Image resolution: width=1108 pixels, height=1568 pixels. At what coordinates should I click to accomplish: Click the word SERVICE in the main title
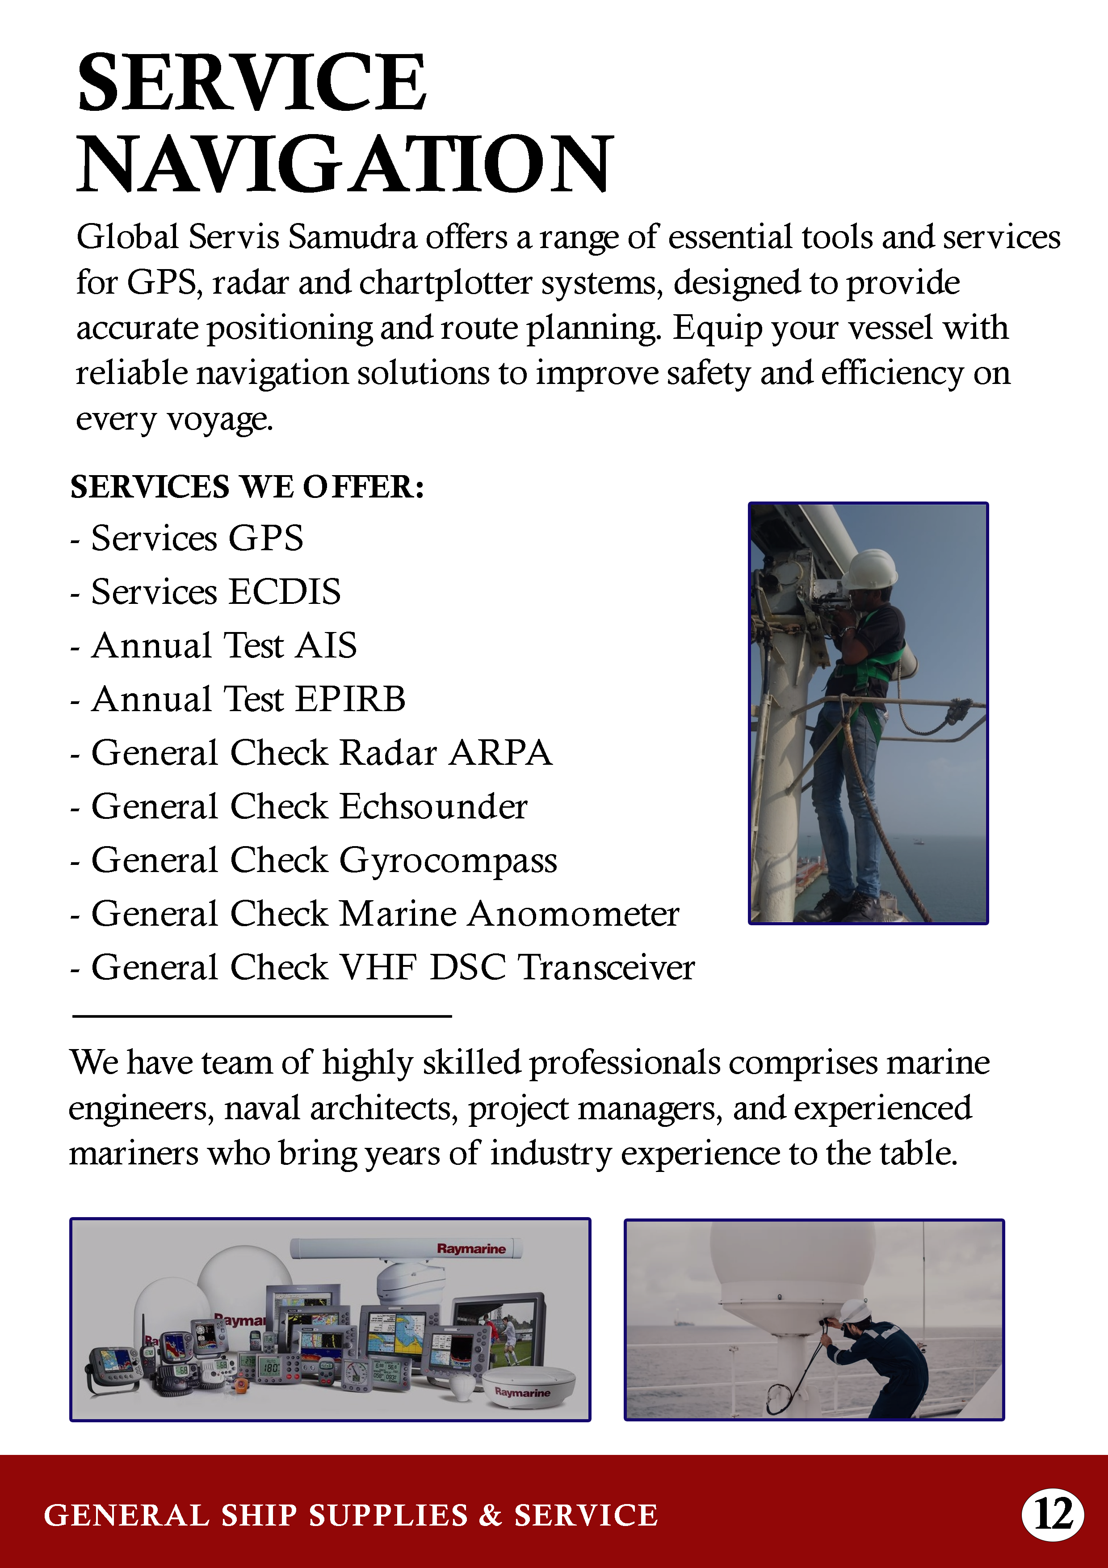pyautogui.click(x=251, y=83)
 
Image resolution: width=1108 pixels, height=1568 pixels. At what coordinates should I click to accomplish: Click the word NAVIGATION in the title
pyautogui.click(x=345, y=164)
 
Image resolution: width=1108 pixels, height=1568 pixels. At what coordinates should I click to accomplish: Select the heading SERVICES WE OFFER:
pyautogui.click(x=247, y=487)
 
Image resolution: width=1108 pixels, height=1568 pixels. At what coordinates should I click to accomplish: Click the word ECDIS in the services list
pyautogui.click(x=284, y=591)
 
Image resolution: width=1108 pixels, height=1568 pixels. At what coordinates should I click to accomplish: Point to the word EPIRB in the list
pyautogui.click(x=350, y=699)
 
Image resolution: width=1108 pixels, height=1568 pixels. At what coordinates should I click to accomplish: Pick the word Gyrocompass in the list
pyautogui.click(x=448, y=860)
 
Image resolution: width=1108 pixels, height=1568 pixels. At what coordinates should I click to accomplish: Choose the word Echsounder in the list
pyautogui.click(x=433, y=806)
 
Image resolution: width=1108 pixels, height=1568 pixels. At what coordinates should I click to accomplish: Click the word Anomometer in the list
pyautogui.click(x=574, y=914)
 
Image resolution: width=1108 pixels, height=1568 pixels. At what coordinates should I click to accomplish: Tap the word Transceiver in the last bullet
pyautogui.click(x=606, y=968)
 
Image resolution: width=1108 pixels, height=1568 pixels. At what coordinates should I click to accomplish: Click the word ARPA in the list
pyautogui.click(x=500, y=753)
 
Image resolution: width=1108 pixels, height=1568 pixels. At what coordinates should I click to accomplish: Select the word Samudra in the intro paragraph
pyautogui.click(x=352, y=237)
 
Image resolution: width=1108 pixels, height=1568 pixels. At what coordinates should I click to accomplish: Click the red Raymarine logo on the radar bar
pyautogui.click(x=471, y=1248)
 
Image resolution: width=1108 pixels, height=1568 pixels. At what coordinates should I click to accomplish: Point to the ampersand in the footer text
pyautogui.click(x=490, y=1515)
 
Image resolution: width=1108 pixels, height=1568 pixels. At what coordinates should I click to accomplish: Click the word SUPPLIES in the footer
pyautogui.click(x=388, y=1515)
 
